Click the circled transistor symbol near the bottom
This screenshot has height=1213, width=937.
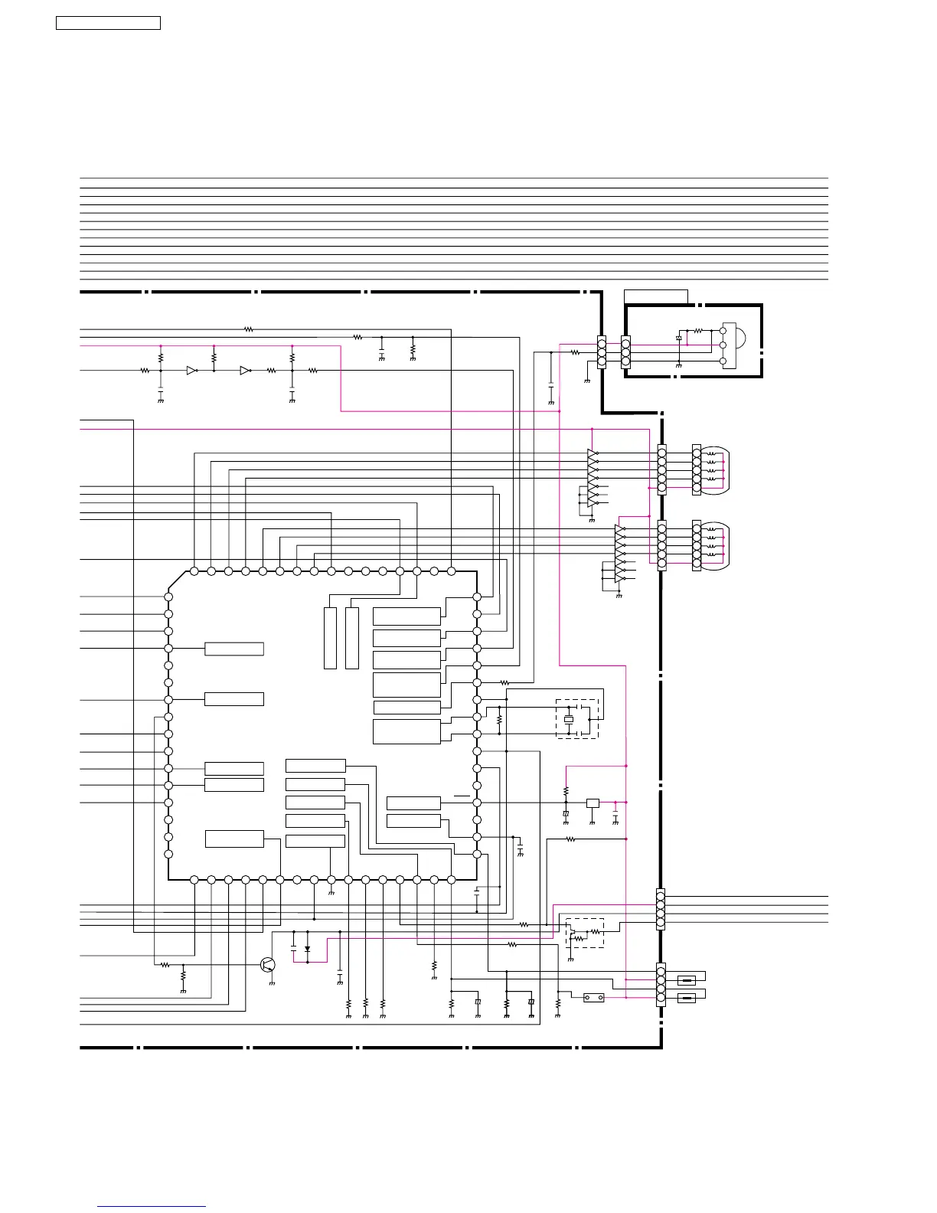(268, 964)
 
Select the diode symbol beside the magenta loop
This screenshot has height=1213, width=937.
(307, 949)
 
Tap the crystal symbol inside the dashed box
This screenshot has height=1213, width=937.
(568, 719)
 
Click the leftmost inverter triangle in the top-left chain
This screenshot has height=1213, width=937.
(191, 371)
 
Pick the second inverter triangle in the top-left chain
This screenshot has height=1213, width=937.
(245, 371)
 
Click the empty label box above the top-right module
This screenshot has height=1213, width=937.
(655, 297)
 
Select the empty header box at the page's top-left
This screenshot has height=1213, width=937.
(108, 23)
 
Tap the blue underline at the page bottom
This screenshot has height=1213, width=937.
(152, 1207)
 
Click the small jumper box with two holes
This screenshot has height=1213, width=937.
(593, 998)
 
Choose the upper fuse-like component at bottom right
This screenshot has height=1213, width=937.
(687, 980)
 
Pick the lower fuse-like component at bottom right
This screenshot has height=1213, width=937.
(687, 997)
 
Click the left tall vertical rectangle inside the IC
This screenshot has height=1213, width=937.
(330, 638)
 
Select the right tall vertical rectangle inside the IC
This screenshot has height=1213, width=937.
(352, 638)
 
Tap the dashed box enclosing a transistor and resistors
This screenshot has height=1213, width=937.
(585, 933)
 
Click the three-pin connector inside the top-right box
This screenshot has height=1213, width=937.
(625, 352)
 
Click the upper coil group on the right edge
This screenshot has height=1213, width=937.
(714, 469)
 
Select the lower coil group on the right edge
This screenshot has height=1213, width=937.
(714, 544)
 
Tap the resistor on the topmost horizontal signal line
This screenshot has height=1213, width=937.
(248, 329)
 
